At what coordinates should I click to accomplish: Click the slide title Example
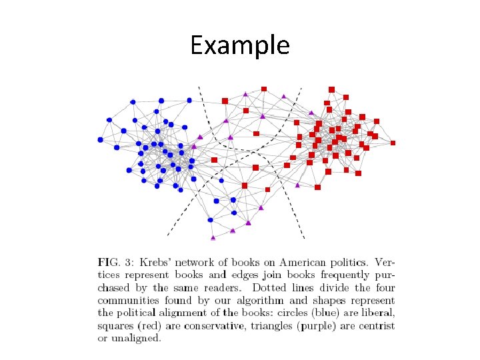[x=239, y=45]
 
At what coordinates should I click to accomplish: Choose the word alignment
[x=207, y=313]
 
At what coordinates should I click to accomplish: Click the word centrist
[x=375, y=326]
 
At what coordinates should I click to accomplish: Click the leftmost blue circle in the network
[x=101, y=140]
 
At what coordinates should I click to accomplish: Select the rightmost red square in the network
[x=393, y=143]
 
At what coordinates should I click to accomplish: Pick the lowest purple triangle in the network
[x=213, y=237]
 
